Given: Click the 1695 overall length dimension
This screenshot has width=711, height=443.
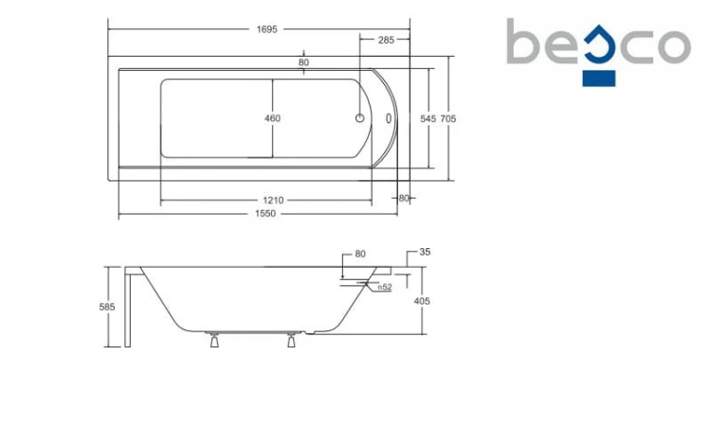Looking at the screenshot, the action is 266,29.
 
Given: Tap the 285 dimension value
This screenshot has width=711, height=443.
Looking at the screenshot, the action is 386,41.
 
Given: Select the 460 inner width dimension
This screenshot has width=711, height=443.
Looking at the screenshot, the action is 272,118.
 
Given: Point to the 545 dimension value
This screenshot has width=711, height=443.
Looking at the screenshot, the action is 428,118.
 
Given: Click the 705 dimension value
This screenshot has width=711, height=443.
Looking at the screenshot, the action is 448,118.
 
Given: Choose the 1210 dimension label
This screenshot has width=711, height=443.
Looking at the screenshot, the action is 273,201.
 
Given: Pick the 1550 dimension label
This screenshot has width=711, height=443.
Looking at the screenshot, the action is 265,213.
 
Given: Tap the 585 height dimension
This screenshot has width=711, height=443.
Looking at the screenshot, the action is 107,307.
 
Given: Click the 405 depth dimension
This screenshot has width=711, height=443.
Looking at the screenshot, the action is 422,301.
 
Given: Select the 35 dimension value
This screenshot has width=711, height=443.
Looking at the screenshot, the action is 425,252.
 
